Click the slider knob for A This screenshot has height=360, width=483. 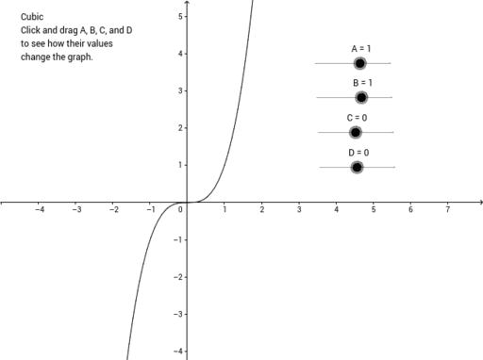pos(359,63)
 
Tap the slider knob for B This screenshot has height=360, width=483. pos(361,97)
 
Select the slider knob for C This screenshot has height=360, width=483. pos(356,132)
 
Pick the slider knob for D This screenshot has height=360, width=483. pos(357,167)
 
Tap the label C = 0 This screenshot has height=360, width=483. pos(357,117)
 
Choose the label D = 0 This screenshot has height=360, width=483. pos(358,152)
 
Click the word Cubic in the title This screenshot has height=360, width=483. pos(31,17)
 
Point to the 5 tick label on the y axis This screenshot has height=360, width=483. pos(179,16)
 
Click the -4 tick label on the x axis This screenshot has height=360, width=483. pos(39,210)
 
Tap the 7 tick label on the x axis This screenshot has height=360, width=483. pos(447,210)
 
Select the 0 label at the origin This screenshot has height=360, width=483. pos(180,209)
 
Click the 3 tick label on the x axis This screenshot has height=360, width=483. pos(299,210)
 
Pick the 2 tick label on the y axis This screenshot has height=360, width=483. pos(179,128)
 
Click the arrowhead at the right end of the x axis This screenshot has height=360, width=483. pos(480,202)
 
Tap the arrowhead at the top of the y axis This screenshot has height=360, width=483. pos(187,3)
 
